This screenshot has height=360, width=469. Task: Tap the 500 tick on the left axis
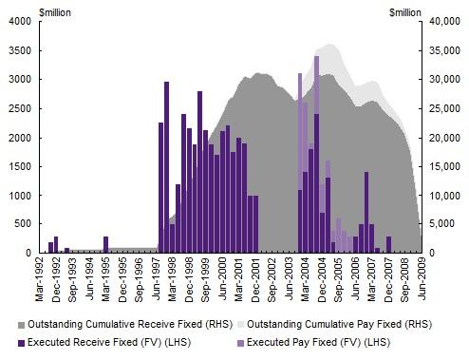[23, 224]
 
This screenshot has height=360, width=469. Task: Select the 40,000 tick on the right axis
[443, 22]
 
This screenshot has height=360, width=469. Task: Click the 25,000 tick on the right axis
[443, 108]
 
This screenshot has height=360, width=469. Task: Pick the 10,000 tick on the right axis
[443, 196]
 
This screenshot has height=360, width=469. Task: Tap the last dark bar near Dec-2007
[388, 245]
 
